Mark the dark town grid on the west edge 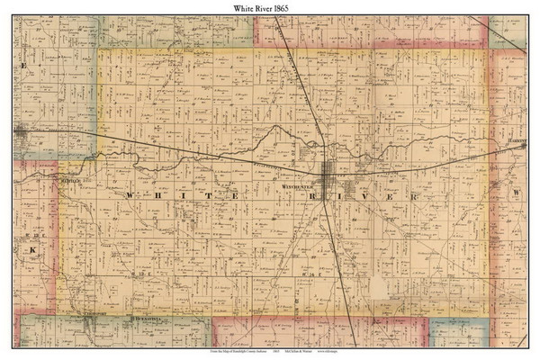(20, 132)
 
